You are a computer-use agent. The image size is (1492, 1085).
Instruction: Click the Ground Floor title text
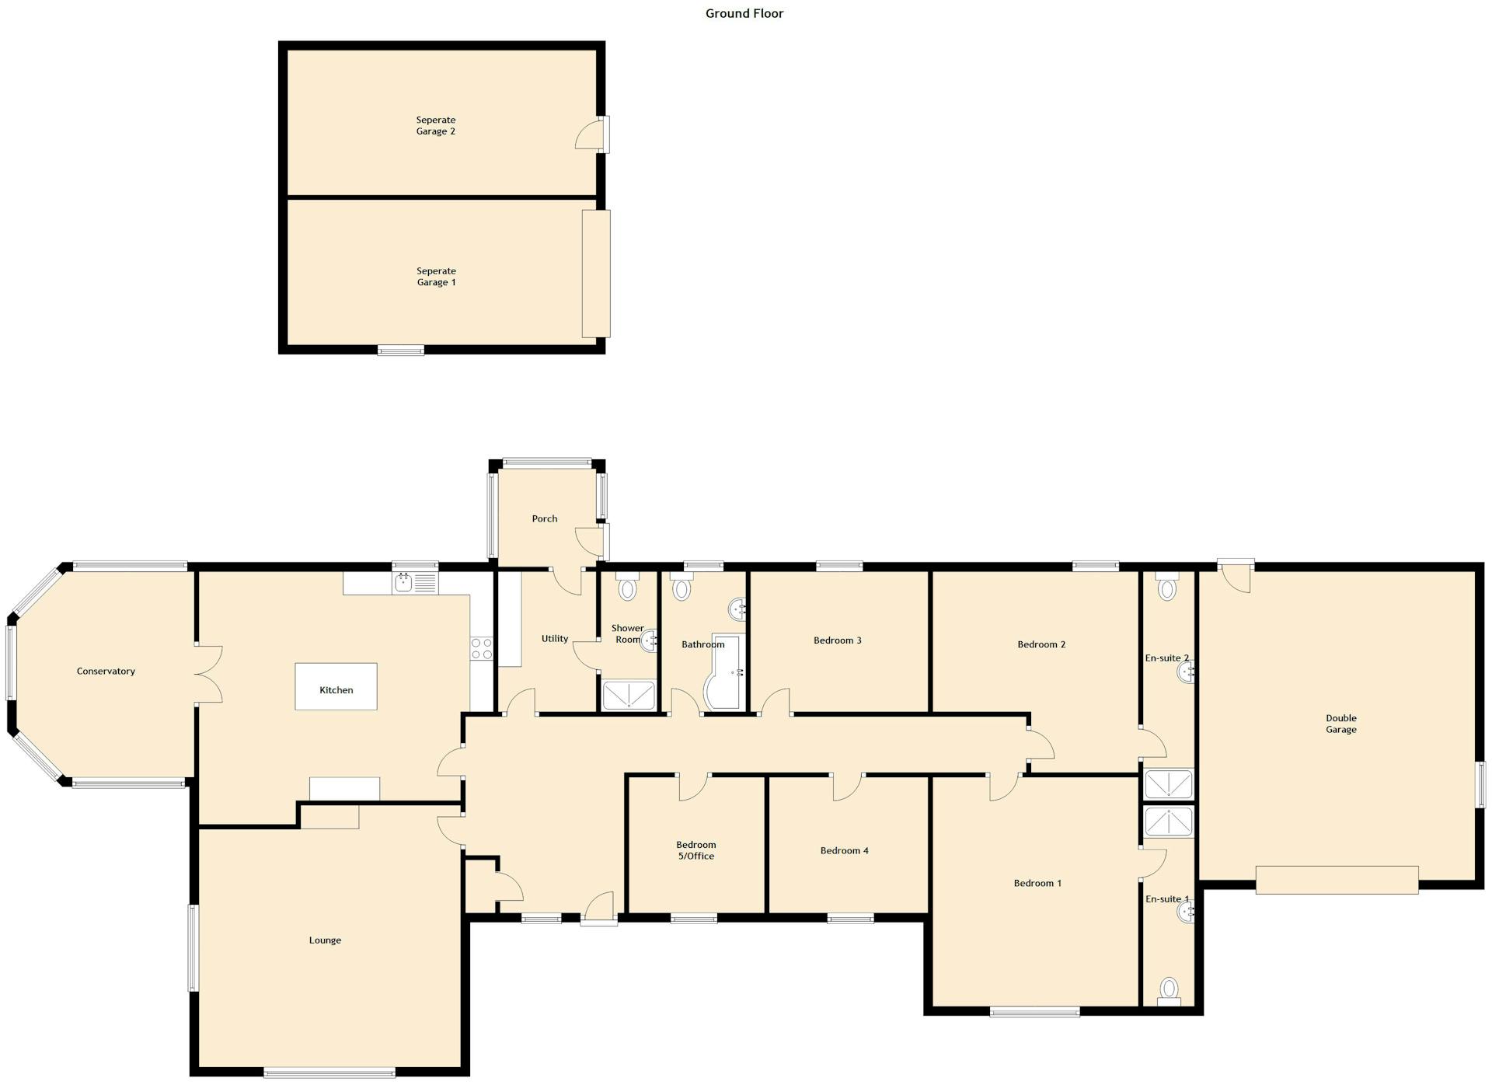(744, 13)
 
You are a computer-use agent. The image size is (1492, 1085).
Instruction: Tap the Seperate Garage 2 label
(435, 126)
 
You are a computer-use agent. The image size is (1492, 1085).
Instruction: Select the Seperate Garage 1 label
(436, 277)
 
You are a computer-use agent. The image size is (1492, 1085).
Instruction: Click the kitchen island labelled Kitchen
(336, 686)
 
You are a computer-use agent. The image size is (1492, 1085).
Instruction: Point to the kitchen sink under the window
(403, 582)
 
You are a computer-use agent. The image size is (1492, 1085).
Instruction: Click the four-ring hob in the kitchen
(481, 648)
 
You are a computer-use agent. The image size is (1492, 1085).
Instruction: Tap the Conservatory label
(106, 671)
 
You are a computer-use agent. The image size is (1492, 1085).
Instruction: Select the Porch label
(544, 518)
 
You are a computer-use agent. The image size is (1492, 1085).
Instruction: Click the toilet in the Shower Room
(626, 587)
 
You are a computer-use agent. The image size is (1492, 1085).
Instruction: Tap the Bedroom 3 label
(837, 640)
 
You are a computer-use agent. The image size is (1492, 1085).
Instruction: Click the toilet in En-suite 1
(1168, 990)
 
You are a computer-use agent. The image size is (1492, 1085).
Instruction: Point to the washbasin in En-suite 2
(1186, 672)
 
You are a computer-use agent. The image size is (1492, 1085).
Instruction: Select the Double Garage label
(1340, 724)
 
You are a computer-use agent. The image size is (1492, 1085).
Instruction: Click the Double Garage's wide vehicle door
(1337, 880)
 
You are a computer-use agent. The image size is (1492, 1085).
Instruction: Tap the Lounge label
(325, 940)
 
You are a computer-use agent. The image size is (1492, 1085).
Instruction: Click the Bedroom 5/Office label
(695, 850)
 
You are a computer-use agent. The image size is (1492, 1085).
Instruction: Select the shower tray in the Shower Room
(628, 695)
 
